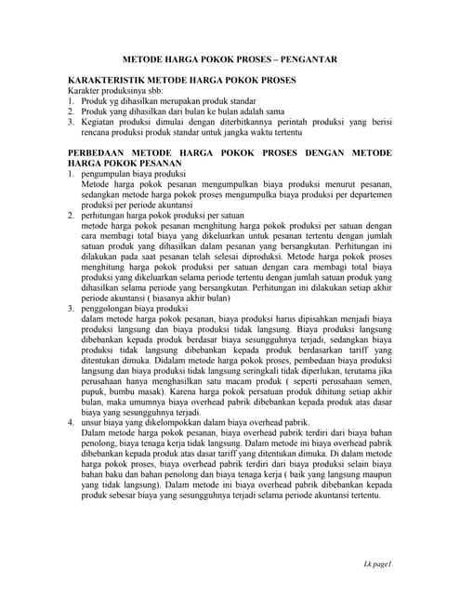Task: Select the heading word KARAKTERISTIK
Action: (x=110, y=82)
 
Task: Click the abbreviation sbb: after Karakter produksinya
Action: (x=151, y=93)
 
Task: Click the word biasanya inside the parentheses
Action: (x=178, y=298)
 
